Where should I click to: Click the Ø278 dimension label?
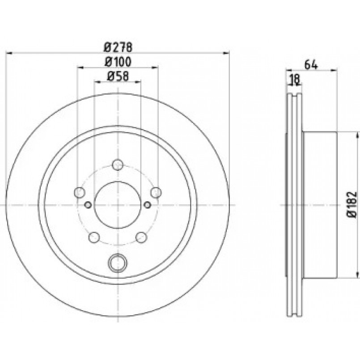click(x=119, y=47)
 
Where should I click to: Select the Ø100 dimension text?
click(x=119, y=62)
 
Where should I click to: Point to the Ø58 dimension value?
click(x=118, y=76)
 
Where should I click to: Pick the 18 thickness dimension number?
click(x=294, y=79)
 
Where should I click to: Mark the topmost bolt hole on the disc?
click(x=118, y=165)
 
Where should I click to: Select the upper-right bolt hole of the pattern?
click(x=156, y=192)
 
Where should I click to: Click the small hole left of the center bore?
click(x=88, y=205)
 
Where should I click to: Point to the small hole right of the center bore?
click(x=148, y=205)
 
